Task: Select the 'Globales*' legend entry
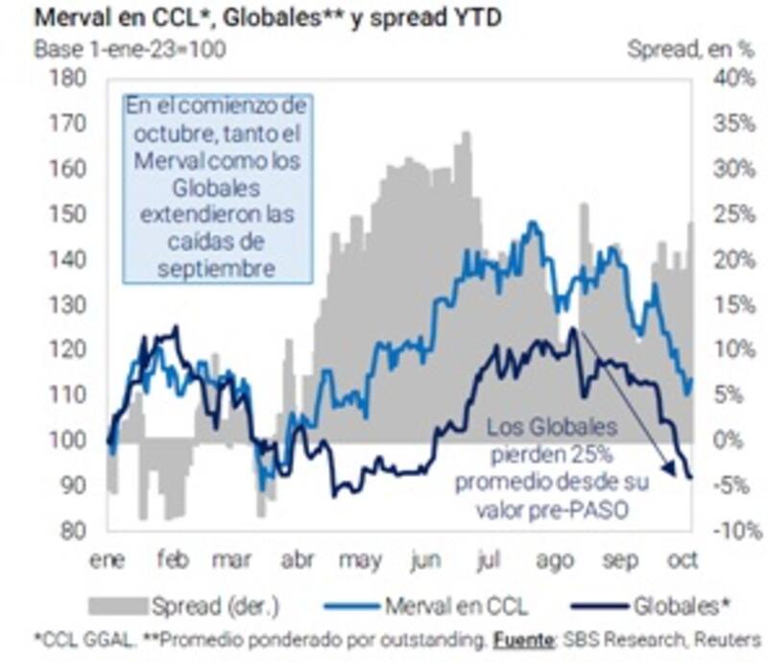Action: pyautogui.click(x=678, y=605)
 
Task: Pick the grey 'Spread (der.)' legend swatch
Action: pyautogui.click(x=118, y=605)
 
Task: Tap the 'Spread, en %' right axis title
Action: pyautogui.click(x=689, y=49)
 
